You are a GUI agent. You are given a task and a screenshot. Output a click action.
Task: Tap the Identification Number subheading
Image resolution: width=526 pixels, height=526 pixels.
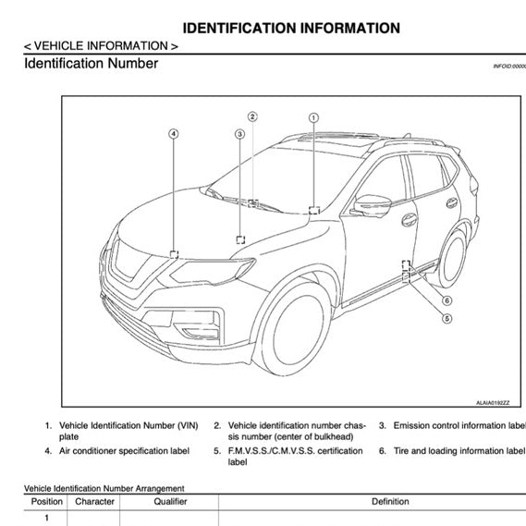click(x=91, y=64)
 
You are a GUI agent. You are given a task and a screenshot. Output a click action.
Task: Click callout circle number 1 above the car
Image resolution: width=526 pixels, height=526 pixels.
click(x=313, y=117)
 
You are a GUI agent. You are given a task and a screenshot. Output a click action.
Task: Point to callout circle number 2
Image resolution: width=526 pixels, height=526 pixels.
click(x=252, y=116)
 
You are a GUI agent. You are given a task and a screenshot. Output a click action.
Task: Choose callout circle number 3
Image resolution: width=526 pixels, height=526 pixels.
click(x=239, y=133)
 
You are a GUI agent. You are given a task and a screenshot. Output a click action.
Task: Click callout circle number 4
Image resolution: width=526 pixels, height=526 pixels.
click(x=173, y=133)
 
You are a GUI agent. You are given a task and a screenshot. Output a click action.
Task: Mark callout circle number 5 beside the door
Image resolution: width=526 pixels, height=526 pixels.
click(x=446, y=319)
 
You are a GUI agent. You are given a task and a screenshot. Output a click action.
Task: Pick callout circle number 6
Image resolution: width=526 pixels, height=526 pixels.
click(x=446, y=300)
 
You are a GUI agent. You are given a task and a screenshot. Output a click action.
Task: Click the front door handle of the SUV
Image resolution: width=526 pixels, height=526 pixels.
click(x=408, y=220)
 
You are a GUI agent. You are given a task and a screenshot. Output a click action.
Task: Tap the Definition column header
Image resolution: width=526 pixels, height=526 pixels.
click(x=389, y=502)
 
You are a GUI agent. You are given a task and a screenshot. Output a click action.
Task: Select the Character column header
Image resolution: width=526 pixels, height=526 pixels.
click(x=94, y=502)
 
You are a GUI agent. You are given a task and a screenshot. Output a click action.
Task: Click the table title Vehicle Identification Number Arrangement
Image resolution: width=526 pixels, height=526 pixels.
click(x=104, y=488)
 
